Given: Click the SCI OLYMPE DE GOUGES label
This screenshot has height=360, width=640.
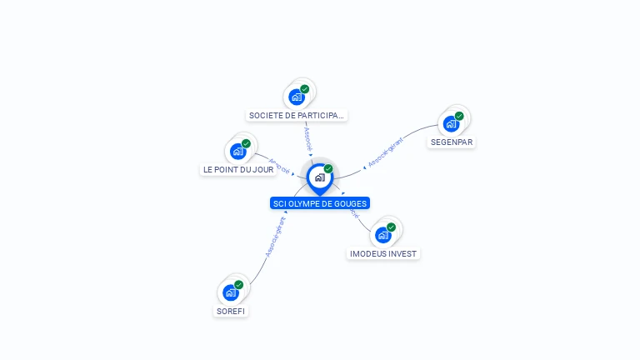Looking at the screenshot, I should point(320,203).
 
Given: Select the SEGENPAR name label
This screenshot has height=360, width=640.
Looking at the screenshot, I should point(452,142).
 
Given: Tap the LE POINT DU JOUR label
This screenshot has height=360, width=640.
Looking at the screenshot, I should point(238,169).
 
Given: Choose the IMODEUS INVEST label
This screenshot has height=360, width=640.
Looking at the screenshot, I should point(383,253).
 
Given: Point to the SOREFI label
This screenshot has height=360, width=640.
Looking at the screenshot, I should point(232,311).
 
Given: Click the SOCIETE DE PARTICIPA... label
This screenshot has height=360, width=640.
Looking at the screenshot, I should point(297,116).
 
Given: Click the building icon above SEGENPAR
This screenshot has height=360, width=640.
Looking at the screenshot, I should point(451,124).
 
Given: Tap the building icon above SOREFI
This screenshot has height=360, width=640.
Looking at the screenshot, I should point(231,292).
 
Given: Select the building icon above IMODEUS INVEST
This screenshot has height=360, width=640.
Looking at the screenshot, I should point(383,235).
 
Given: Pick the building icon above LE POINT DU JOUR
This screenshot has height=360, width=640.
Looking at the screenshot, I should point(237,152).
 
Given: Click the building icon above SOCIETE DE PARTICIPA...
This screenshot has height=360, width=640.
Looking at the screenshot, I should point(297,97).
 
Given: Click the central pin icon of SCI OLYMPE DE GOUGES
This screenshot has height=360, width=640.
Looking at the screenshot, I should point(319,177).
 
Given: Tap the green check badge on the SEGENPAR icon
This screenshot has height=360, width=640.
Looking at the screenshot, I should point(459,116).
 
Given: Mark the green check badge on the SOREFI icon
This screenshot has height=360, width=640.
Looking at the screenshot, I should point(239,285).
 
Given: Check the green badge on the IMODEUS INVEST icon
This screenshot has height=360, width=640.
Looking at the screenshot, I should point(392,227).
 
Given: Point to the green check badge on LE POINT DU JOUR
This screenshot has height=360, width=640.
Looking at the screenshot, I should point(246,143).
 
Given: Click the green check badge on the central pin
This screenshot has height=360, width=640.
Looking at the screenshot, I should point(328,169).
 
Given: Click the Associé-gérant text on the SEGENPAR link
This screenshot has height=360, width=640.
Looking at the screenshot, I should point(386,152).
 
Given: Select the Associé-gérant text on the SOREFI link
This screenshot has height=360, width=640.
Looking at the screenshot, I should point(275,237).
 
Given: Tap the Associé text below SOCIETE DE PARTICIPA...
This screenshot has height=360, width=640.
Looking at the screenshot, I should point(307,137).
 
